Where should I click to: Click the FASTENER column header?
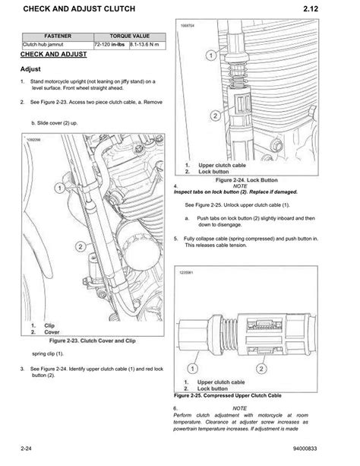[x=58, y=36]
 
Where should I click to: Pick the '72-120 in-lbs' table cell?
[x=110, y=46]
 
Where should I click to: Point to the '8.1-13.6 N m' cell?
[x=146, y=46]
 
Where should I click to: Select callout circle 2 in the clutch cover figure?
[x=81, y=246]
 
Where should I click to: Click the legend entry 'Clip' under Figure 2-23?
[x=49, y=325]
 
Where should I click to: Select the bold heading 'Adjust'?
[x=30, y=68]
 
